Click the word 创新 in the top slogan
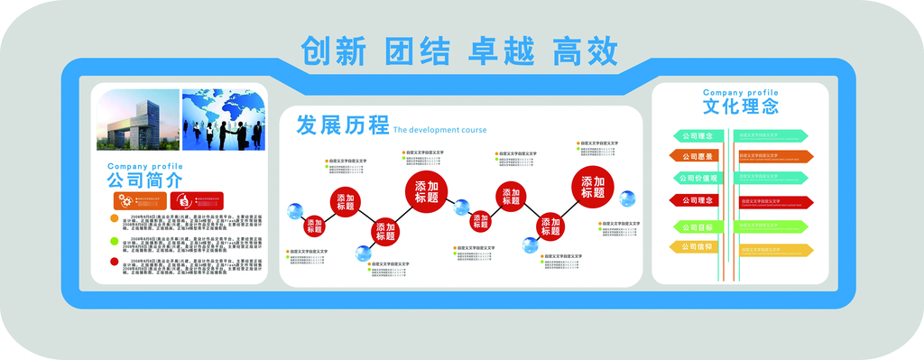[334, 51]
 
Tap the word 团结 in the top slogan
[417, 51]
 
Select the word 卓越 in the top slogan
[500, 51]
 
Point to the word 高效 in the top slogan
[587, 51]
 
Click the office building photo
[136, 119]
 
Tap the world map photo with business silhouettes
[224, 119]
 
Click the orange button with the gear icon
[143, 201]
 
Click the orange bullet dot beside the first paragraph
[114, 218]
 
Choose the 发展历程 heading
[342, 125]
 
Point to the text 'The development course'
[439, 130]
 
